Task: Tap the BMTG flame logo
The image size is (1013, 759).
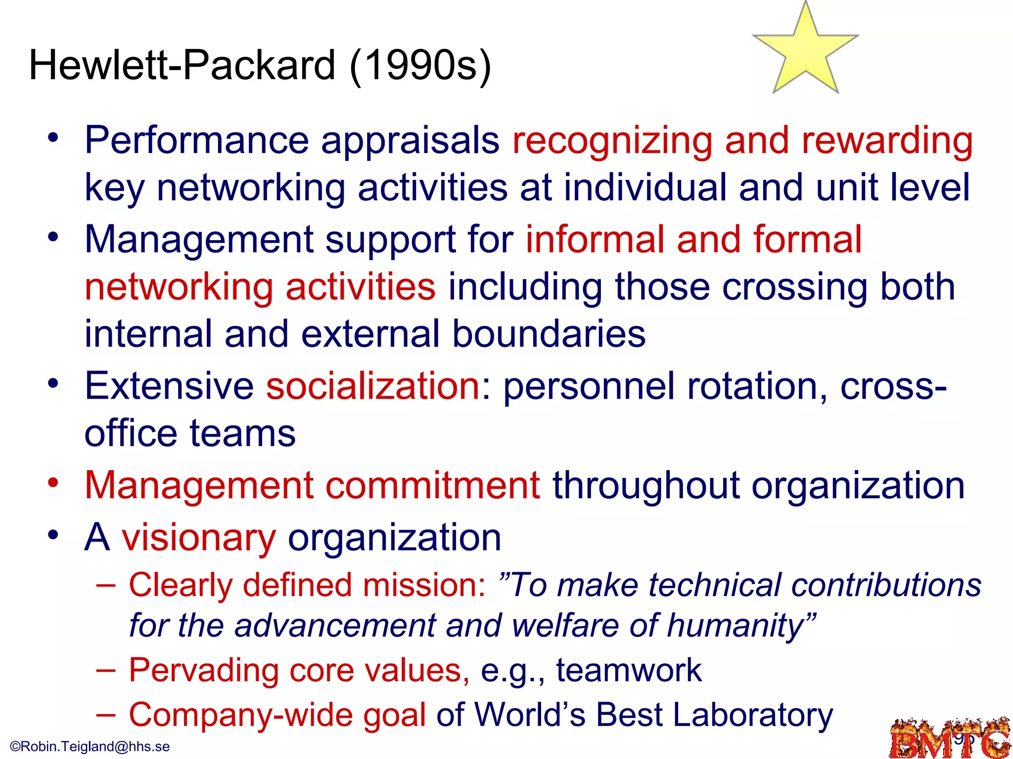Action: pyautogui.click(x=949, y=738)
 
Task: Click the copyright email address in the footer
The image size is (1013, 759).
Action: pyautogui.click(x=90, y=746)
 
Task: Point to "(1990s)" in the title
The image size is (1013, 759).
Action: pyautogui.click(x=420, y=65)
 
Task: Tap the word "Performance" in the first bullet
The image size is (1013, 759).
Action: pyautogui.click(x=197, y=141)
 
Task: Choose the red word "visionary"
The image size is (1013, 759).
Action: pyautogui.click(x=199, y=538)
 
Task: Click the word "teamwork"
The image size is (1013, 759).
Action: pyautogui.click(x=629, y=671)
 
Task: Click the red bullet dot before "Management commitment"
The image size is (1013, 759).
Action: pyautogui.click(x=53, y=482)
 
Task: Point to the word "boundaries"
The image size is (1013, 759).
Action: pyautogui.click(x=549, y=334)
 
